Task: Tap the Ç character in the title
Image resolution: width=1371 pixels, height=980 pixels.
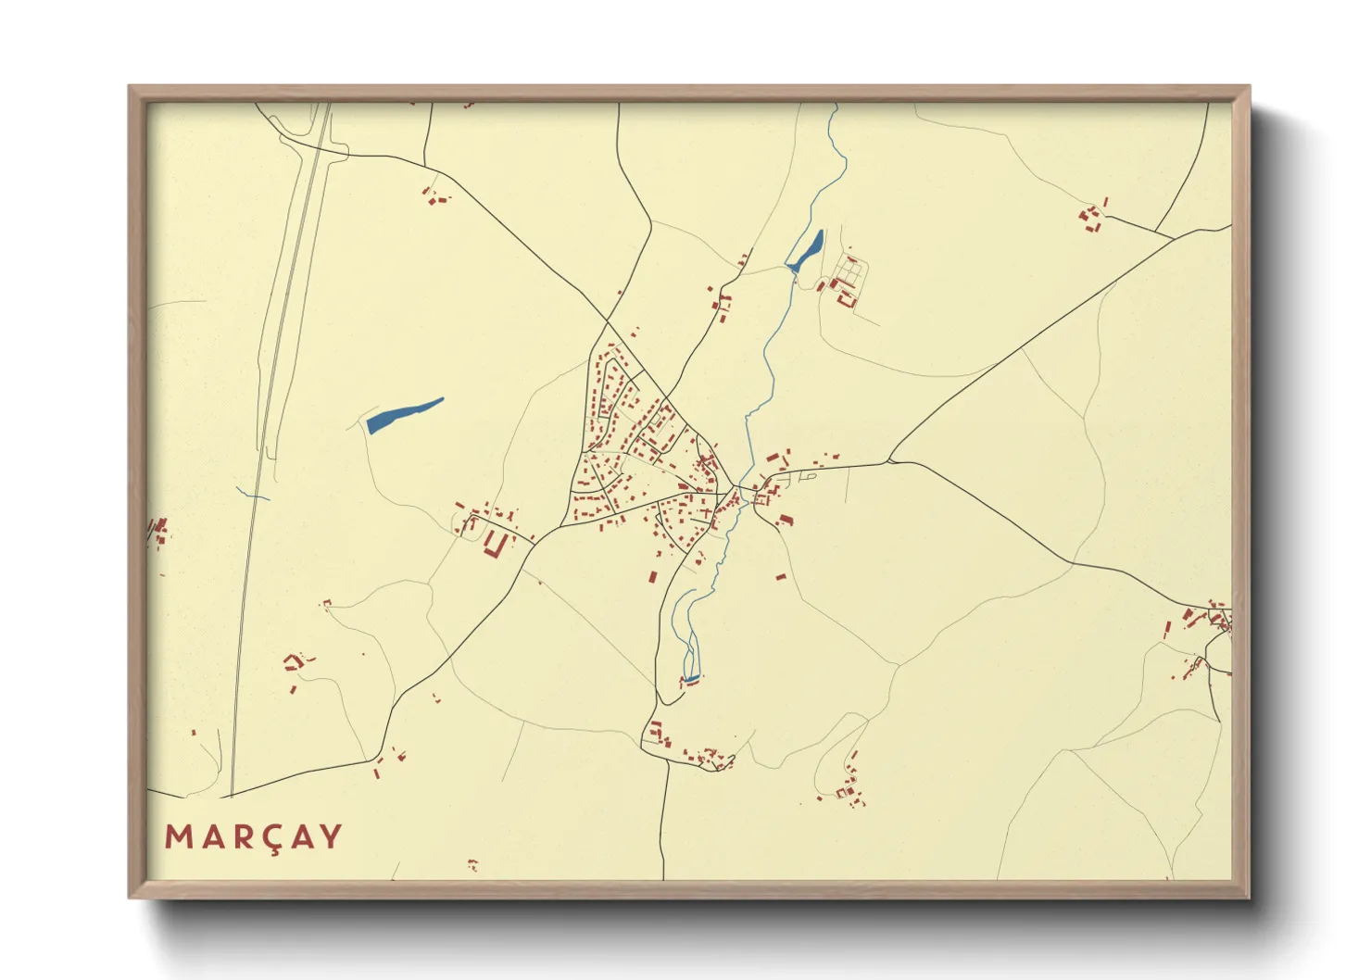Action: [x=262, y=838]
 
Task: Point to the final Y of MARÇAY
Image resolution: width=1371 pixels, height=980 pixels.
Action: [x=331, y=837]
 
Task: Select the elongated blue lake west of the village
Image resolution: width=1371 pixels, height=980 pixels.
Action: [x=403, y=415]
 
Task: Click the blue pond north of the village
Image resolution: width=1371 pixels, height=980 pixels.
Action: [x=805, y=251]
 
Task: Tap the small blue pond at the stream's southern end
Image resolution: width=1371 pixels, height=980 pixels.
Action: [x=691, y=679]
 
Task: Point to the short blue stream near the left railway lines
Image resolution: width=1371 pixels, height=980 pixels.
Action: [x=252, y=495]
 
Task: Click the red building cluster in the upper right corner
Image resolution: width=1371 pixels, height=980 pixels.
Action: [x=1093, y=217]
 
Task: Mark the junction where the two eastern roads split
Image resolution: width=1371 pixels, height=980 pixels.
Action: [x=888, y=460]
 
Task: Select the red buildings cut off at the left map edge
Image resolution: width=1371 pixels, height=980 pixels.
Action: [x=159, y=532]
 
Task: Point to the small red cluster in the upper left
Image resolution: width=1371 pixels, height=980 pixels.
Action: [x=434, y=196]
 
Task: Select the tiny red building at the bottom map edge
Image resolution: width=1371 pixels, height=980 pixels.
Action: [x=472, y=865]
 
